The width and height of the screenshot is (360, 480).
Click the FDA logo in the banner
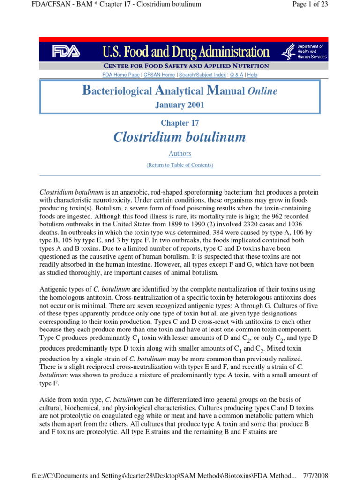click(66, 51)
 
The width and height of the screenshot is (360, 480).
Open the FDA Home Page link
click(121, 75)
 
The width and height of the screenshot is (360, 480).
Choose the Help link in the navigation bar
click(252, 75)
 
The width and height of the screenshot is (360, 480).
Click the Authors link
click(180, 153)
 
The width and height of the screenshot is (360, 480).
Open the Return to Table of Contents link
click(180, 165)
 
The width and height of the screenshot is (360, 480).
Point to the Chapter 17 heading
click(180, 123)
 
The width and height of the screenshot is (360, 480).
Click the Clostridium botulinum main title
click(180, 137)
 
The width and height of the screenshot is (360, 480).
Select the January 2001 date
click(180, 105)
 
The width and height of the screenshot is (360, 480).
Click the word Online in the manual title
click(262, 91)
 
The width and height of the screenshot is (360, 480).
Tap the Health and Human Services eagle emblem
click(288, 51)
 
